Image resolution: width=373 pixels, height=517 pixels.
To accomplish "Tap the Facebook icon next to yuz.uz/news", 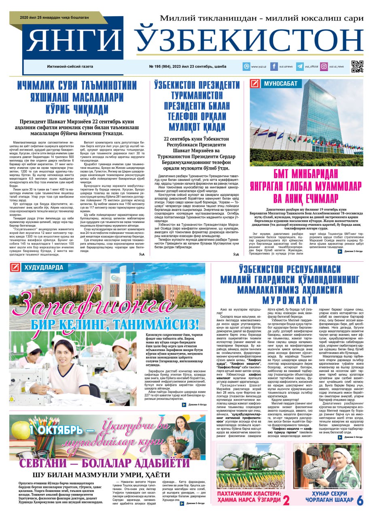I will coord(274,66).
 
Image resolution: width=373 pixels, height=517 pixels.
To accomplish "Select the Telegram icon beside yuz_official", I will coord(300,66).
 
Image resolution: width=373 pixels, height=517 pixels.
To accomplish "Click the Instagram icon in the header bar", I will coord(324,66).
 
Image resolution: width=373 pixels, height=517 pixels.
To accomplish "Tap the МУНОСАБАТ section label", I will coord(281,84).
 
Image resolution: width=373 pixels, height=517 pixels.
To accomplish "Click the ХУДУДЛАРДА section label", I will coord(43,267).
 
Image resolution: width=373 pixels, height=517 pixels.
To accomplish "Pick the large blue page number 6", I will coord(360,500).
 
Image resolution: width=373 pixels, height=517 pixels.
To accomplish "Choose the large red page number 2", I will coord(286,500).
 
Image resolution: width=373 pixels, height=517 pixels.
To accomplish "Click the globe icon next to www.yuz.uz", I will coord(246,66).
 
